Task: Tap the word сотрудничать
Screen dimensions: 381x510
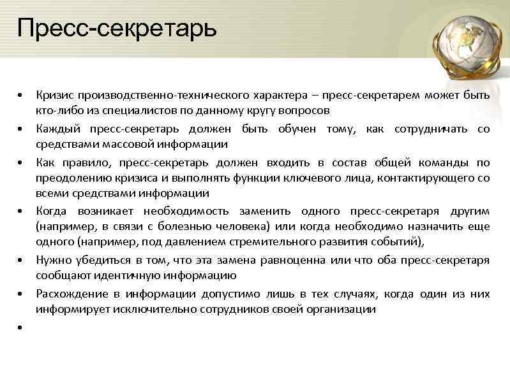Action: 433,129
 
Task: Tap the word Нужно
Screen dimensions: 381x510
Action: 52,260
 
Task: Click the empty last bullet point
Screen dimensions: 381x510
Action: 21,327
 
